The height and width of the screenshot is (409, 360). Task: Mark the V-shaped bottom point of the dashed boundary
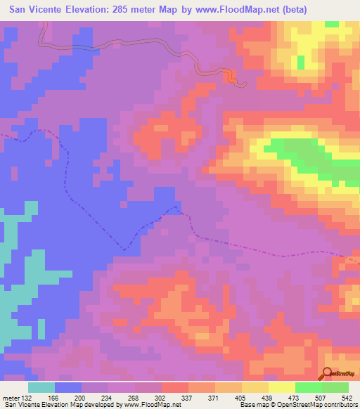click(x=124, y=249)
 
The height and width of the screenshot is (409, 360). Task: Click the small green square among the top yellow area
click(x=301, y=62)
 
